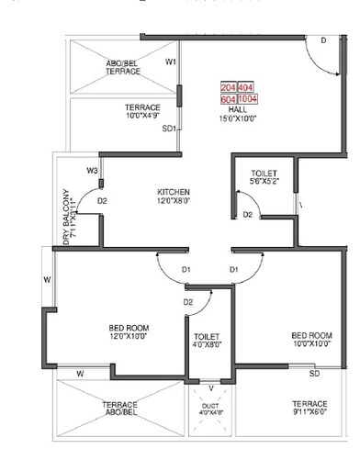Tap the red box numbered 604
(229, 96)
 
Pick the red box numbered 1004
(249, 96)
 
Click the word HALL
(237, 108)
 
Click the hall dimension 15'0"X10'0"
(238, 118)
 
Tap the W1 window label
(171, 62)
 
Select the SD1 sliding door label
(168, 129)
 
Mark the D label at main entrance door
(323, 41)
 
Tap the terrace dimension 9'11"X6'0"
(309, 412)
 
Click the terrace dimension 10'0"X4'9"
(142, 117)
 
